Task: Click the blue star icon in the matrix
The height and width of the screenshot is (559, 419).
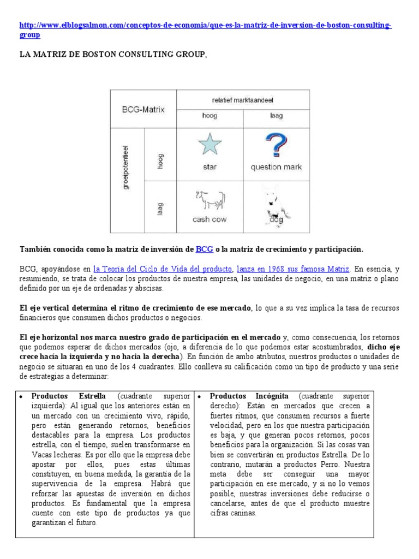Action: coord(209,145)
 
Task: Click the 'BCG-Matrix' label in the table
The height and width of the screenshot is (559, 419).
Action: coord(143,109)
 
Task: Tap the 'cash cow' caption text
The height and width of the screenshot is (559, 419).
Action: coord(209,219)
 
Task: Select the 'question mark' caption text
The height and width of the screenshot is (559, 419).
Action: coord(276,168)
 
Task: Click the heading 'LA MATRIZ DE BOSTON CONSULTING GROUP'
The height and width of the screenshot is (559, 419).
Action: coord(113,54)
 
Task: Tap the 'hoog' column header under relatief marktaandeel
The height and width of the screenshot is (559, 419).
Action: coord(209,116)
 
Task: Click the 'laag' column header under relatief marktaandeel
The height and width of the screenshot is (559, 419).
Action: coord(276,116)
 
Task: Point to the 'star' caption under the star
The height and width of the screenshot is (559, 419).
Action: coord(209,168)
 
